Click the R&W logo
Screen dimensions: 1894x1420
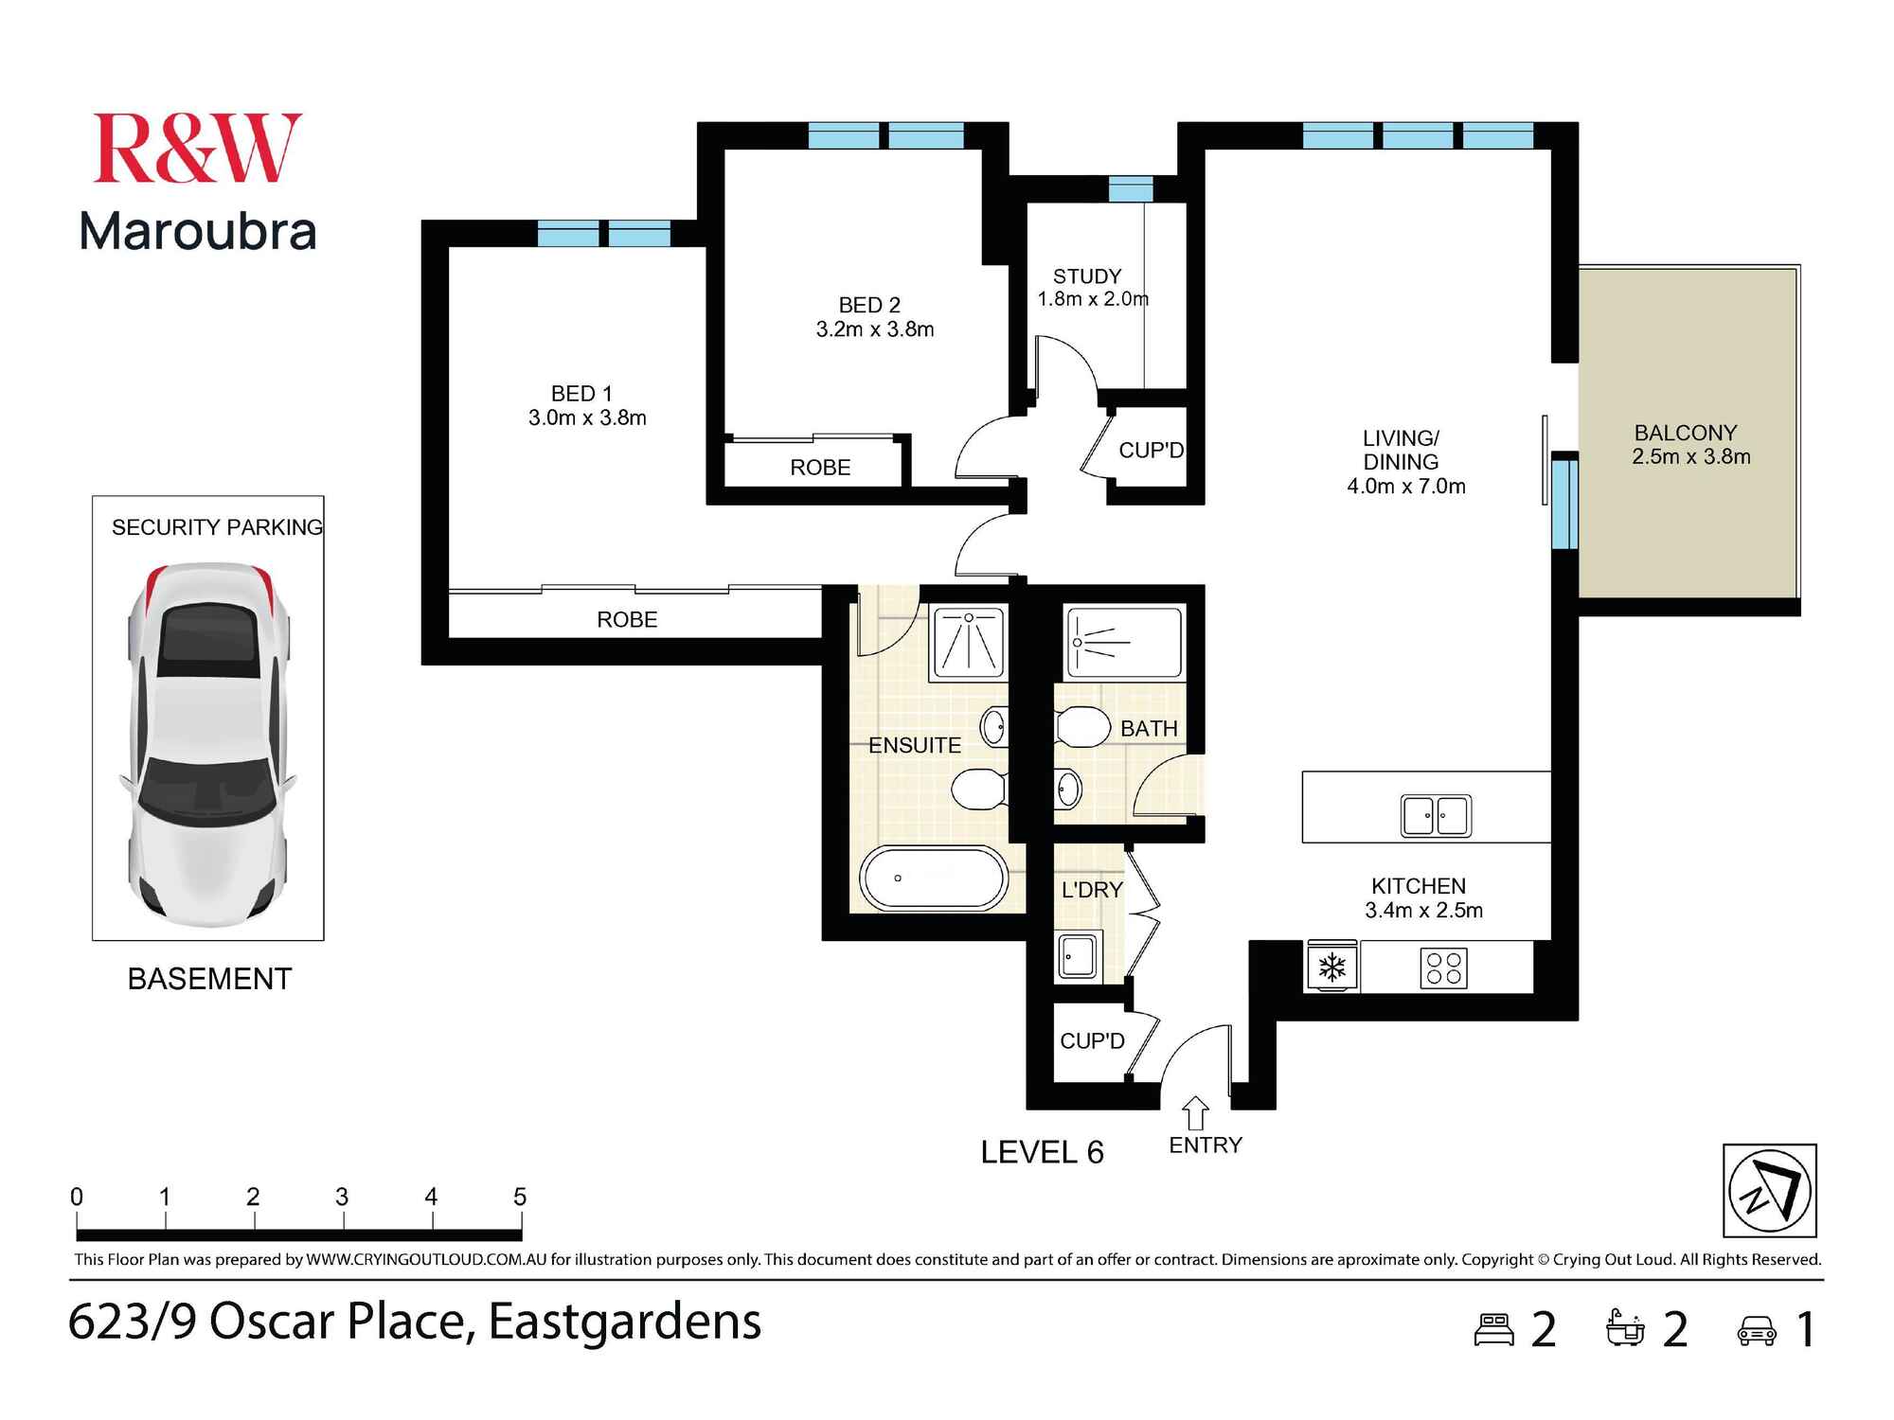click(197, 148)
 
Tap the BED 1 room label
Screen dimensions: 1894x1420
click(587, 405)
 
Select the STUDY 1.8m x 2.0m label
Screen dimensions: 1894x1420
click(1092, 287)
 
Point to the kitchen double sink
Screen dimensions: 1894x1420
click(1436, 815)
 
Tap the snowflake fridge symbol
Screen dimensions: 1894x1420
click(1332, 967)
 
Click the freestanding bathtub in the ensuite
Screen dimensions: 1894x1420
click(933, 878)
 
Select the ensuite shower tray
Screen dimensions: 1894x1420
click(969, 643)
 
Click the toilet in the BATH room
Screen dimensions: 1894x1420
click(1081, 726)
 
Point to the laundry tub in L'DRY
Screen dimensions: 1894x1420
click(1078, 957)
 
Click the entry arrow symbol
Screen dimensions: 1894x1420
click(1196, 1112)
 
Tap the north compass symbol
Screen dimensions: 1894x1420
click(1769, 1190)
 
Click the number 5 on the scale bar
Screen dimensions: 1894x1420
click(520, 1197)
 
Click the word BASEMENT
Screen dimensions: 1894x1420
click(209, 978)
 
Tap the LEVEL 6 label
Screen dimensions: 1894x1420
click(1042, 1152)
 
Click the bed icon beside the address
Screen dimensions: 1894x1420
click(1495, 1329)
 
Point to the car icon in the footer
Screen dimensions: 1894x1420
click(1757, 1330)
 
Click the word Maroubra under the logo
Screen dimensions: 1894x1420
click(198, 231)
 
